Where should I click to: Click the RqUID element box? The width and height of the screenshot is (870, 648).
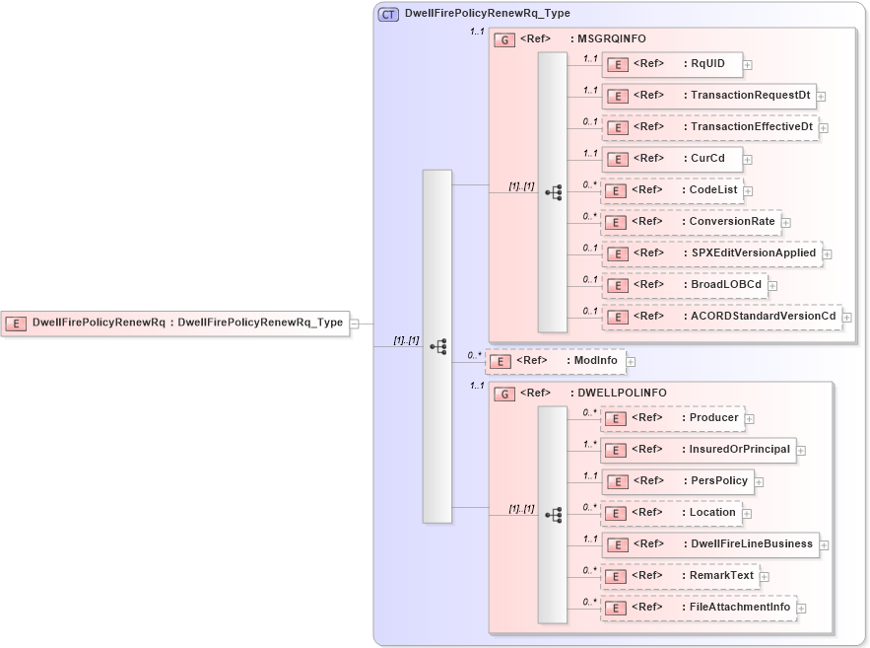tap(671, 64)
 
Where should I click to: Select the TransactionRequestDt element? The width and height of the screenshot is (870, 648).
tap(708, 96)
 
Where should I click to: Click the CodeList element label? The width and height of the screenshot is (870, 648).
tap(713, 189)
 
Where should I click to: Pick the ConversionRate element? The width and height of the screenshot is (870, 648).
tap(691, 221)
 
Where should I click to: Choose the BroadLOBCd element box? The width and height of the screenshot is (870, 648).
tap(684, 285)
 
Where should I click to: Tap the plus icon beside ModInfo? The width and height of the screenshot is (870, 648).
tap(631, 362)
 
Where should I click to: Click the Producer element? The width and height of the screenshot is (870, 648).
tap(672, 418)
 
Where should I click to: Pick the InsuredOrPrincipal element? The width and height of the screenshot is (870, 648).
tap(699, 450)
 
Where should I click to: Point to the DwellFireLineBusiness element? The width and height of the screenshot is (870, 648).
tap(709, 543)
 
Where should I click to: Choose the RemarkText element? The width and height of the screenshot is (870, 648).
tap(679, 576)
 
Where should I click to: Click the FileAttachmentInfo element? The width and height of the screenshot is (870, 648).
tap(699, 608)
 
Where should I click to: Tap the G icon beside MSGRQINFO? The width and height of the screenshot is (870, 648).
tap(504, 40)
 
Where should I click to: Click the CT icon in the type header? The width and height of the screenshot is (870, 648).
tap(389, 14)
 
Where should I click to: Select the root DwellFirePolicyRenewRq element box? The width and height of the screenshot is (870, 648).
tap(176, 323)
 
